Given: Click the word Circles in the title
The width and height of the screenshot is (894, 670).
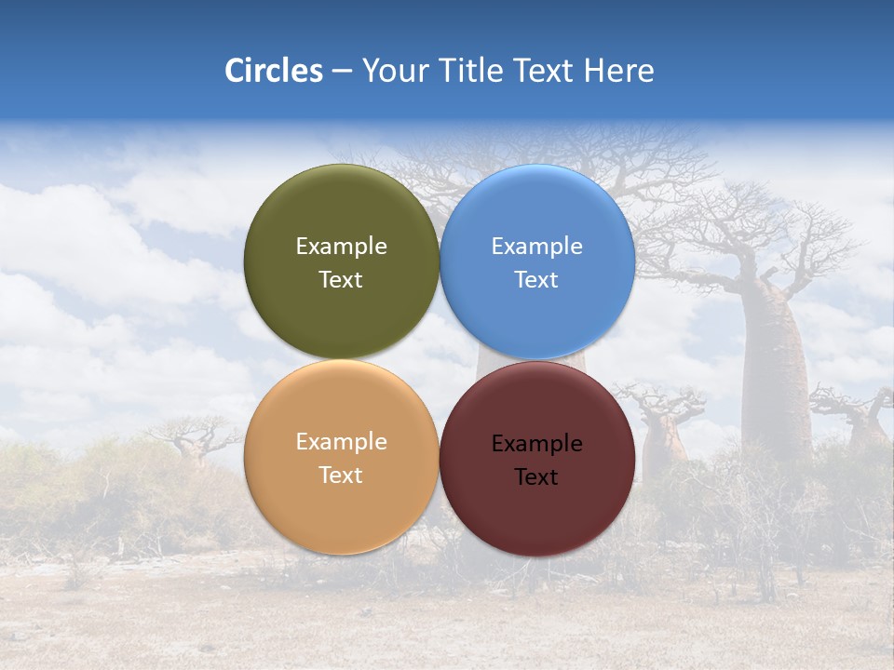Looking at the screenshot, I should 274,71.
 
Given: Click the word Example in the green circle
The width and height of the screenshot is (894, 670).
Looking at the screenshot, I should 342,247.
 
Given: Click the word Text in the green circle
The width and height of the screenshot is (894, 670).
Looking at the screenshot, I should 342,280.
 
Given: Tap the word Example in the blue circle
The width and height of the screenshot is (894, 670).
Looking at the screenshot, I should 537,247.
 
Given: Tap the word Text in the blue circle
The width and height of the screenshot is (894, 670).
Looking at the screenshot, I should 537,280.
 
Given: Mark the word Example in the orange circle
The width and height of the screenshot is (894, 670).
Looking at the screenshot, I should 342,442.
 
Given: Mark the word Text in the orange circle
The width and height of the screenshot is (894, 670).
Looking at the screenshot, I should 342,476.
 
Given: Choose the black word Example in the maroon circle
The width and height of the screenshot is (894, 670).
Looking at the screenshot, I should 537,444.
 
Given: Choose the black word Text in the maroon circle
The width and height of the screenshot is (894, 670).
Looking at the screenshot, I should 537,477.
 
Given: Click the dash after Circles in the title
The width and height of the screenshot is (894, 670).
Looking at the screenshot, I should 342,72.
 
